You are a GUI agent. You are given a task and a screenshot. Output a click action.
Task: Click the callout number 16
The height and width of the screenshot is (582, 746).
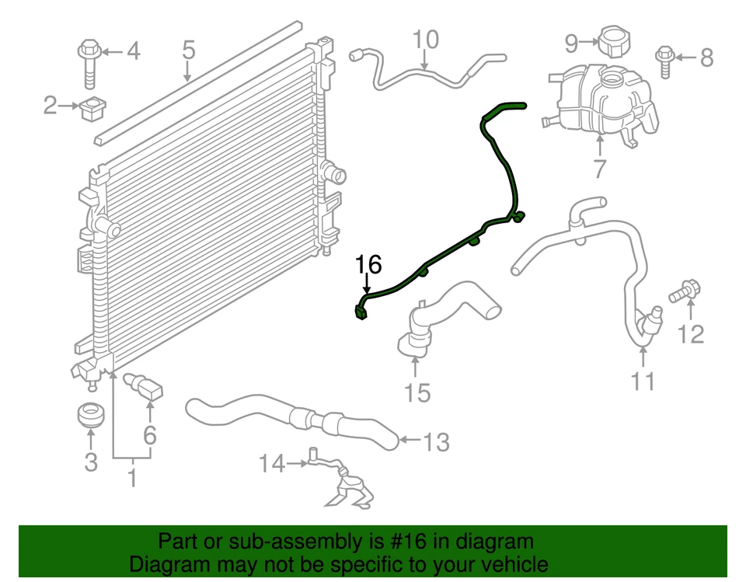point(369,265)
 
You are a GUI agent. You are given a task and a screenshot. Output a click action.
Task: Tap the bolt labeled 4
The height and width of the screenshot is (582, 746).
point(88,63)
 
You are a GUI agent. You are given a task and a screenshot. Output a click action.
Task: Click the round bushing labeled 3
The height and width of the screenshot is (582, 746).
point(91,414)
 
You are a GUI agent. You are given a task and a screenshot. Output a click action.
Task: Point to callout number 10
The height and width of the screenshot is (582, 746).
point(425,39)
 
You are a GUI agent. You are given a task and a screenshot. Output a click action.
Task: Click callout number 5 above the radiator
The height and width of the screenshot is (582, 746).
point(188,51)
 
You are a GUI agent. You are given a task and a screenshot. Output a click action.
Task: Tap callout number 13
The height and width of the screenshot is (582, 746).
point(437,442)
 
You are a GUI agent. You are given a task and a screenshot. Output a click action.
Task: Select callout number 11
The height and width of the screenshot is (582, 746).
point(643,381)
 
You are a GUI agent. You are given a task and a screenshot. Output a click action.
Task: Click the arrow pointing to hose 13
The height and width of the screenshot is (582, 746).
point(410,442)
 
